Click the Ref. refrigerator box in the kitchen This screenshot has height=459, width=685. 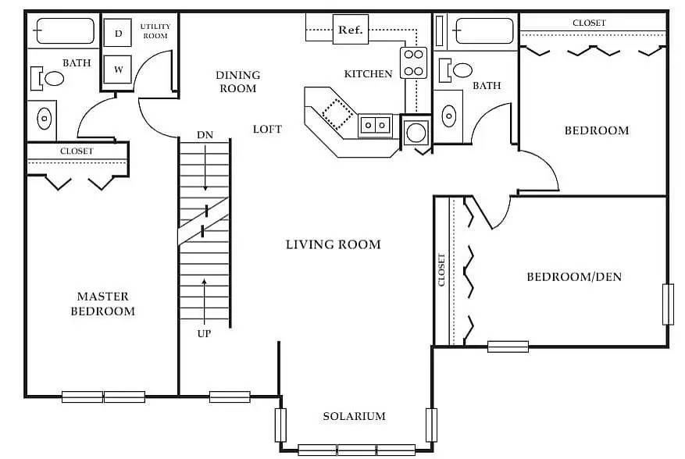[350, 30]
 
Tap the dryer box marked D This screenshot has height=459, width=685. [118, 33]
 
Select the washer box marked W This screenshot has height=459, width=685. [118, 69]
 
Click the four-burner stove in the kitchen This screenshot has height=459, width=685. [414, 63]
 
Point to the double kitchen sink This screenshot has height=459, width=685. [375, 124]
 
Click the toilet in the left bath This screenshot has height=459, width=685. [48, 78]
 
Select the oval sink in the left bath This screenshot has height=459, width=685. [45, 119]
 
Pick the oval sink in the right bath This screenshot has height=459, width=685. [449, 116]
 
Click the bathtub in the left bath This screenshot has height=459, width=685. [65, 32]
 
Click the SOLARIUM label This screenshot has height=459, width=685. [354, 416]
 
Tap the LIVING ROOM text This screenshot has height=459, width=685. [333, 244]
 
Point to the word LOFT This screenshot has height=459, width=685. [267, 129]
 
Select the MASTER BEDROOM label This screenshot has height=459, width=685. [102, 304]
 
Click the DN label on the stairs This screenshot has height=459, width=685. [205, 135]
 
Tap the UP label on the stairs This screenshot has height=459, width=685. [205, 333]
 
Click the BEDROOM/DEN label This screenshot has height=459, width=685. [574, 276]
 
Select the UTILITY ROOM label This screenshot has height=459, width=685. [155, 31]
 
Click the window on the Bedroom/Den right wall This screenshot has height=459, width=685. [668, 304]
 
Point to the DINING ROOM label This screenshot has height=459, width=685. [237, 81]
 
